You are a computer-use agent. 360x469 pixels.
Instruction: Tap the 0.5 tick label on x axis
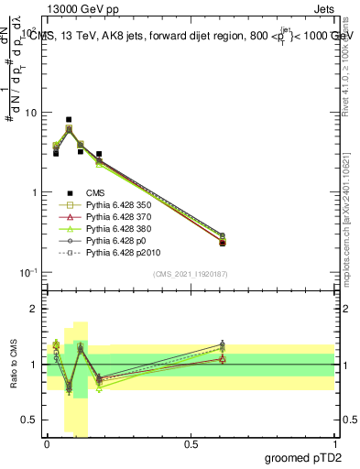click(191, 444)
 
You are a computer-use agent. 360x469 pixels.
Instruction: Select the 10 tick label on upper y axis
click(28, 113)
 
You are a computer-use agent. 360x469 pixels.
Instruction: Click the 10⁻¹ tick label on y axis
click(26, 272)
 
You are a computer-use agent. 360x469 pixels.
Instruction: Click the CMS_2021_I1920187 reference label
click(190, 275)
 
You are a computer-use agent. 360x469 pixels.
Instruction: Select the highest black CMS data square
click(69, 119)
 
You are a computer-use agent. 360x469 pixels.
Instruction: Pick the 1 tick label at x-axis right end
click(334, 444)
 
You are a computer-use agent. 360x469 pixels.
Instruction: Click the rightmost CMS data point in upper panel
click(223, 243)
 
